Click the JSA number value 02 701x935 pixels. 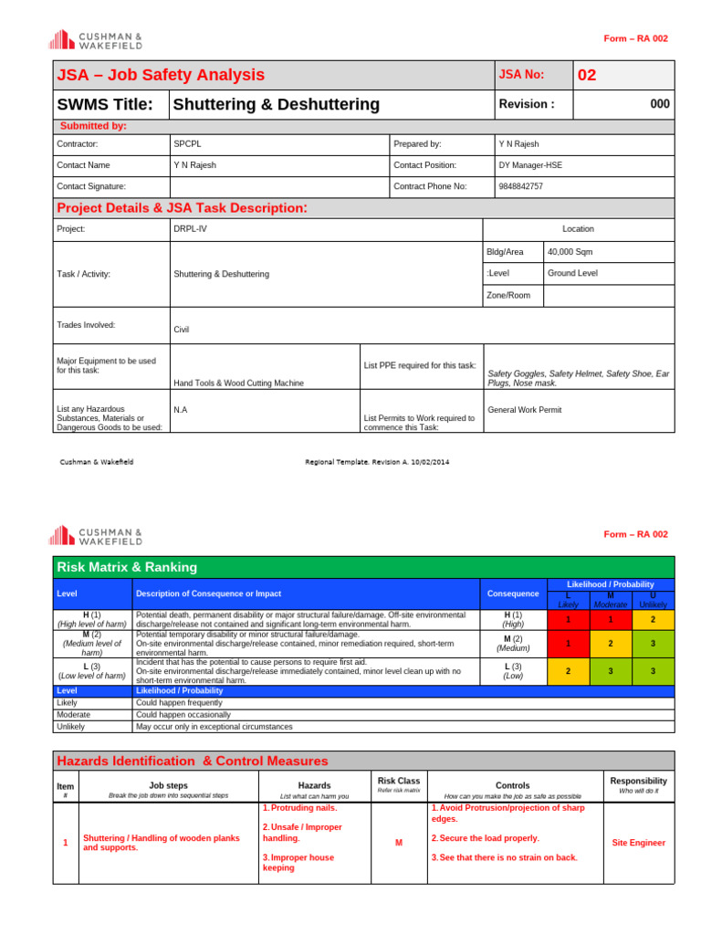pyautogui.click(x=587, y=75)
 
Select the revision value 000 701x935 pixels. pyautogui.click(x=659, y=104)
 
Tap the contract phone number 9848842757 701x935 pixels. pyautogui.click(x=520, y=186)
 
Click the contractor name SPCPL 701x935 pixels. pyautogui.click(x=185, y=144)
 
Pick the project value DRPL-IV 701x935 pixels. pyautogui.click(x=190, y=229)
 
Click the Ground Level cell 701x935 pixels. pyautogui.click(x=572, y=273)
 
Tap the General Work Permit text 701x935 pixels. pyautogui.click(x=525, y=410)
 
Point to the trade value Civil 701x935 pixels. pyautogui.click(x=182, y=331)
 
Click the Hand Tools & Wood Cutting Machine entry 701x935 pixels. pyautogui.click(x=239, y=383)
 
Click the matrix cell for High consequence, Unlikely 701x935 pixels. pyautogui.click(x=653, y=619)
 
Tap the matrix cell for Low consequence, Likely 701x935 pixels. pyautogui.click(x=568, y=671)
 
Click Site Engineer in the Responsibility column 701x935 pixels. pyautogui.click(x=638, y=843)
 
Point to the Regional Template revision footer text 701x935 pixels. pyautogui.click(x=377, y=462)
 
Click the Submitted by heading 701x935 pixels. pyautogui.click(x=93, y=126)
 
